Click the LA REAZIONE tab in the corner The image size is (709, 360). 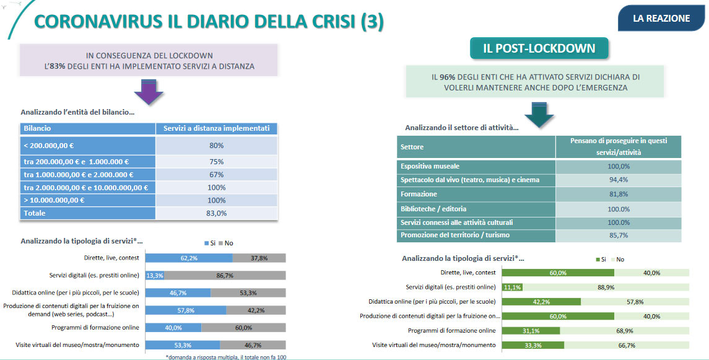click(x=661, y=18)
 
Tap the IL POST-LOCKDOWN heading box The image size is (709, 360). click(x=539, y=48)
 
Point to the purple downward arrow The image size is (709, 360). click(x=149, y=92)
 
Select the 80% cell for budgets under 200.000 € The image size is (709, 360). click(x=216, y=146)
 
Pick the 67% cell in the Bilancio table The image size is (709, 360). click(x=216, y=175)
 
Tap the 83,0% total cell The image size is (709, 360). click(x=216, y=213)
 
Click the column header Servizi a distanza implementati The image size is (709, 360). click(x=216, y=128)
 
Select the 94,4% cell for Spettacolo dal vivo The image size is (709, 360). click(x=618, y=180)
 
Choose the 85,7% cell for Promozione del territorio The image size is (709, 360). click(x=618, y=235)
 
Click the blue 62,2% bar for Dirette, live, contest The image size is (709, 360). click(x=189, y=258)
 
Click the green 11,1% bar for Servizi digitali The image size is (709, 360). click(x=511, y=287)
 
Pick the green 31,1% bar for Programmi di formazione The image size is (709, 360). click(x=531, y=330)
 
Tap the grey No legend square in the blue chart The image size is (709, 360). click(x=221, y=243)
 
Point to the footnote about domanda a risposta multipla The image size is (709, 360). click(x=226, y=357)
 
